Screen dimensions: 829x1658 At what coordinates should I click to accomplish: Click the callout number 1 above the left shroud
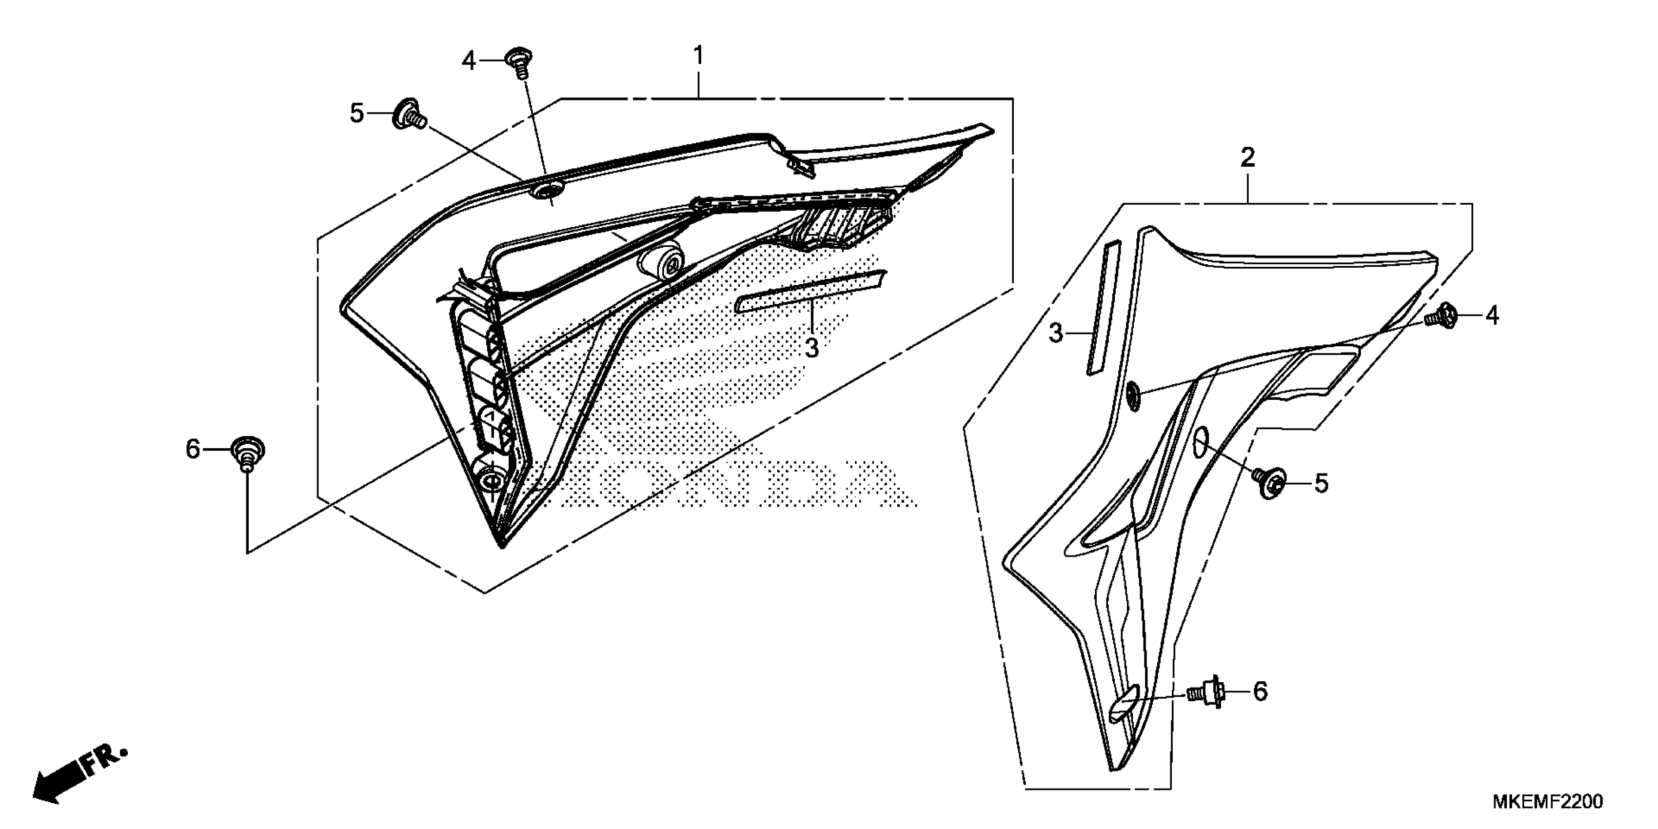(x=698, y=56)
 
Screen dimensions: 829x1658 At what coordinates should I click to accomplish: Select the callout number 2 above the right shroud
(x=1247, y=158)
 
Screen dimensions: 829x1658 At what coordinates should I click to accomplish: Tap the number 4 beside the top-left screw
(x=469, y=61)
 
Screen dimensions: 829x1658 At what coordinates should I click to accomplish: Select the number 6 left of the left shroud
(x=193, y=449)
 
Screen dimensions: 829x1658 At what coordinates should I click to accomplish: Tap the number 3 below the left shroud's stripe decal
(x=811, y=348)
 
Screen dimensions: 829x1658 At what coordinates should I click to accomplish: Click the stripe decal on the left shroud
(x=811, y=291)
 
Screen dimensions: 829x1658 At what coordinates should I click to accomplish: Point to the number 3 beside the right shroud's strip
(x=1056, y=334)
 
